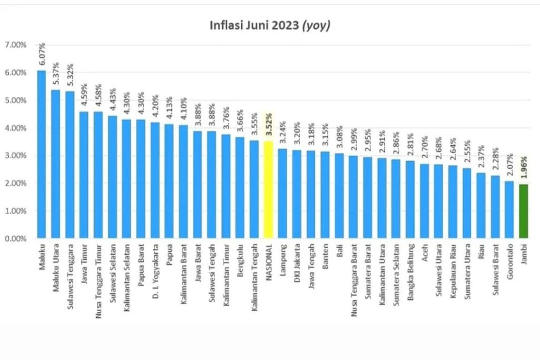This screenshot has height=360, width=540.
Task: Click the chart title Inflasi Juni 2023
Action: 270,25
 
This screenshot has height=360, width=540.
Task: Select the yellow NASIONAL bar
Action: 268,190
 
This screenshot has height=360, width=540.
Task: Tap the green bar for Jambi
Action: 524,211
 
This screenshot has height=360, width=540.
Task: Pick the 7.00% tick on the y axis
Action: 15,45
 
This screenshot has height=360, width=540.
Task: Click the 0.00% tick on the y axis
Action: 15,238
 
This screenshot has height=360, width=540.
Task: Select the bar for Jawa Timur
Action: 84,174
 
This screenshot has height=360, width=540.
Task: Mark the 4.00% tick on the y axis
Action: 15,128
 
